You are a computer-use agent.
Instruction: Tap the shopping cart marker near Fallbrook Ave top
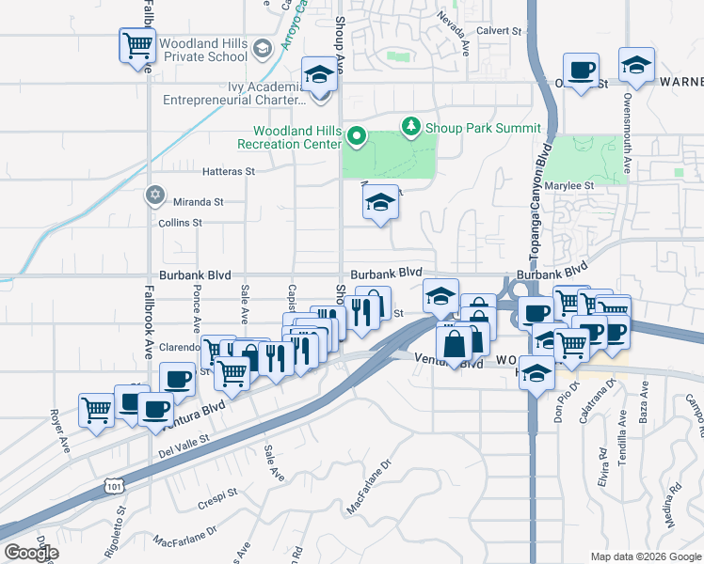[x=137, y=44]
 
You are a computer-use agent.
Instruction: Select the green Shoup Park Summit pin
[x=410, y=125]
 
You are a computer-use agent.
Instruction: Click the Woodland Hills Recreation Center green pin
[x=357, y=137]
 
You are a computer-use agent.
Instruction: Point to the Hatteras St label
[x=230, y=172]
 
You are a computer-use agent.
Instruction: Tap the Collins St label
[x=181, y=223]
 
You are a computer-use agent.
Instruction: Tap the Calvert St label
[x=499, y=31]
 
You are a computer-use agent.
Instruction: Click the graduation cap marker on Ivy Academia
[x=319, y=72]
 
